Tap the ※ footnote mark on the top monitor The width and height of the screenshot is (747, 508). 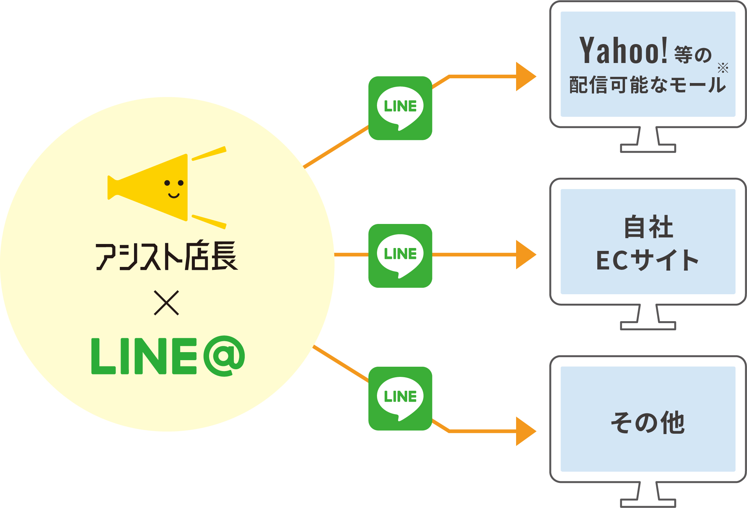(723, 68)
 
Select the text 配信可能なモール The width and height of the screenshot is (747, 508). (648, 85)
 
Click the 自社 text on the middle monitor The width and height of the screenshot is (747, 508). (649, 227)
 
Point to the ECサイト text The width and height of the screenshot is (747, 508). (648, 260)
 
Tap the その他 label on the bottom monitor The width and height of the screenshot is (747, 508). (648, 422)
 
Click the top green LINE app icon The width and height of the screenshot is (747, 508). (400, 108)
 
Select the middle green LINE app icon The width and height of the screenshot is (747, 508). (400, 256)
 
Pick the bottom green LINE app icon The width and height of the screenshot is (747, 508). (400, 398)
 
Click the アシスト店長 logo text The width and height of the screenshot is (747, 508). (167, 256)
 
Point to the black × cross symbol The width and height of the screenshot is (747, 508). (166, 303)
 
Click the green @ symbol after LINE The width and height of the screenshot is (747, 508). (224, 356)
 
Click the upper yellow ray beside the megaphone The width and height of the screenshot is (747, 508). (209, 153)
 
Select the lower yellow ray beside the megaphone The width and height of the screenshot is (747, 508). (209, 222)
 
